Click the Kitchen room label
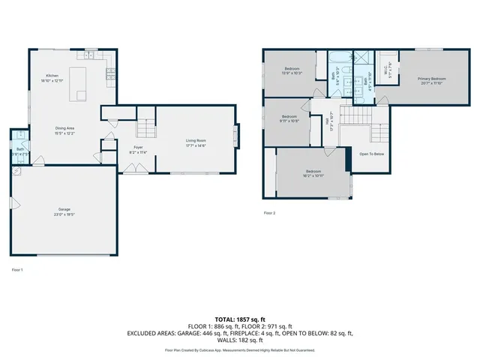pos(52,76)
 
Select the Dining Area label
pos(64,128)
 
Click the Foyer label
pos(138,147)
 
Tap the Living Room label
pos(196,140)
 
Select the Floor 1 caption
pos(17,269)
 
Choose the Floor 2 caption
pos(270,213)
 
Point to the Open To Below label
pos(371,154)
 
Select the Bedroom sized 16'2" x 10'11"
pos(313,172)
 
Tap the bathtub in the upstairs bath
pos(334,58)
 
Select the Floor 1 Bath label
pos(19,149)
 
